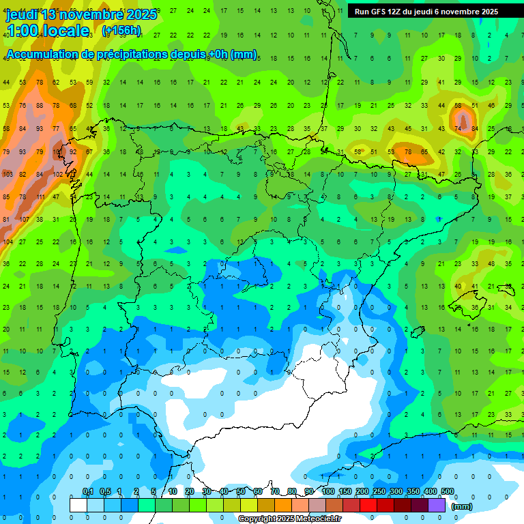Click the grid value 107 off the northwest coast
pos(25,220)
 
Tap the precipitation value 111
pos(41,197)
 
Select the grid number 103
pos(8,175)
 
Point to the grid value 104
pos(8,242)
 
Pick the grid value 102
pos(58,175)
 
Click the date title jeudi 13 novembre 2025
pos(81,14)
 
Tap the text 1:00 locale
pos(48,31)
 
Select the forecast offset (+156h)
pos(121,31)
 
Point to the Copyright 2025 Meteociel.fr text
pos(289,519)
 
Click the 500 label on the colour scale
pos(447,491)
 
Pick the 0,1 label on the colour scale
pos(87,491)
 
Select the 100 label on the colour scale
pos(327,491)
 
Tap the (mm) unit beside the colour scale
pos(462,507)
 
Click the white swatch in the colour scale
pos(78,506)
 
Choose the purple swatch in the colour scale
pos(437,506)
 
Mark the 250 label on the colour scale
pos(379,491)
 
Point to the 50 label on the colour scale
pos(241,491)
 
